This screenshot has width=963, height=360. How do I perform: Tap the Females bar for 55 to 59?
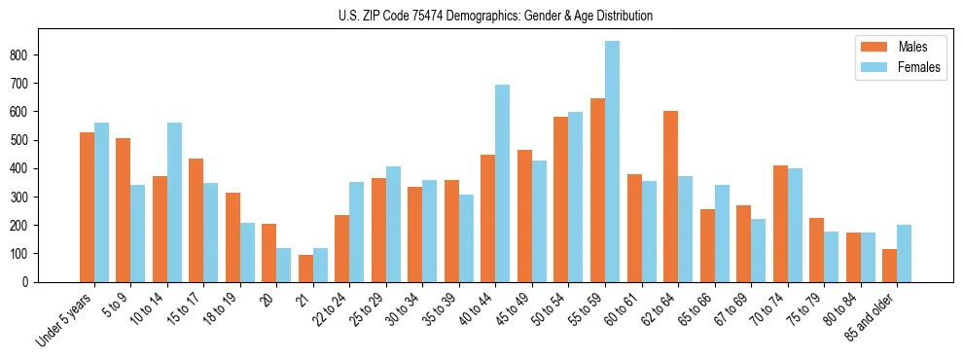(612, 162)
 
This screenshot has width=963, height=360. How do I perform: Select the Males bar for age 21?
(305, 269)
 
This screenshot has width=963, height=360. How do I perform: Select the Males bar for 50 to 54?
(561, 199)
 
